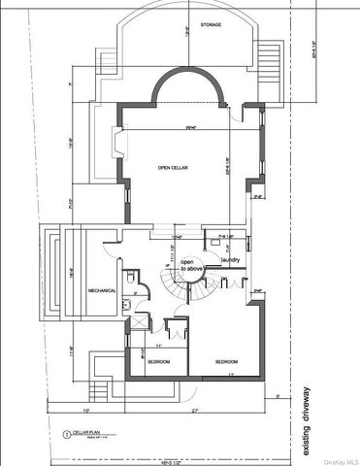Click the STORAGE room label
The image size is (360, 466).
(x=184, y=23)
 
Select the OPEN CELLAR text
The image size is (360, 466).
(x=172, y=168)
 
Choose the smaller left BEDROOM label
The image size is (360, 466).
(x=158, y=361)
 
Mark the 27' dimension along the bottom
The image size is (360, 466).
(x=194, y=410)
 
